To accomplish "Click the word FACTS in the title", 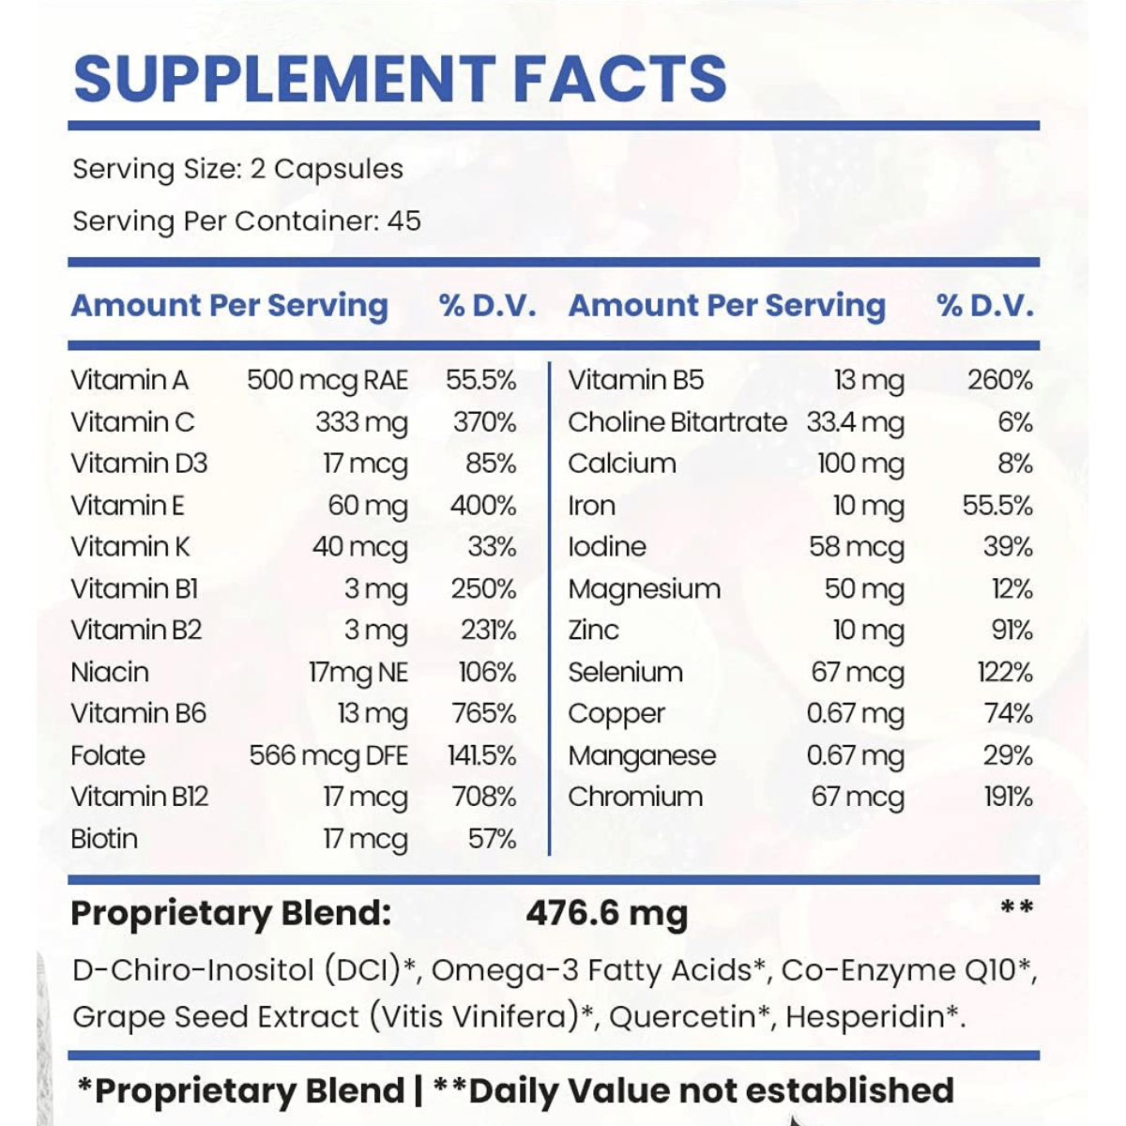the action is coord(620,78).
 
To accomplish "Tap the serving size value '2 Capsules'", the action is coord(327,170).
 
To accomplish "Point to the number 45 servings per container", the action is coord(403,221).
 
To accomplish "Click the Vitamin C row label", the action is coord(132,422).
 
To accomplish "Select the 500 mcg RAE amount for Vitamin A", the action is coord(327,381).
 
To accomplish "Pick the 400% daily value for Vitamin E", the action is coord(483,506).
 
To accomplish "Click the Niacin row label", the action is coord(110,673).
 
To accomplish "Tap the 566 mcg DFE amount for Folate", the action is coord(328,756).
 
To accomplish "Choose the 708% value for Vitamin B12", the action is coord(484,797).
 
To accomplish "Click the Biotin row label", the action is coord(104,839).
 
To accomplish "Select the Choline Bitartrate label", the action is coord(677,422).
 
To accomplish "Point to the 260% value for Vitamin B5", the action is coord(1000,380).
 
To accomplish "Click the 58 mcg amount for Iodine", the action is coord(857,548).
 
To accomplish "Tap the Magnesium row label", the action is coord(645,589).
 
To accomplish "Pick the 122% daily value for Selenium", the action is coord(1006,673).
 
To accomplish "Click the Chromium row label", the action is coord(635,797).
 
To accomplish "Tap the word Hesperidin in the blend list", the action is coord(865,1017).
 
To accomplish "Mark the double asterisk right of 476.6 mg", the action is coord(1017,907).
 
